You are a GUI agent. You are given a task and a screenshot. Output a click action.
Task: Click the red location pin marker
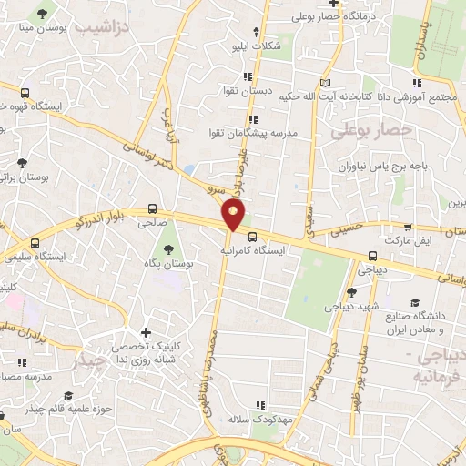point(234,216)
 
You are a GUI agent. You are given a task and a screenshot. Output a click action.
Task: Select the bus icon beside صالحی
point(152,208)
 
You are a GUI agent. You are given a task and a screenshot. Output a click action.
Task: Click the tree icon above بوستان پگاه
point(168,248)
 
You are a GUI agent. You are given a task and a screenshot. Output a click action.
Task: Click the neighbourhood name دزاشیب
point(99,29)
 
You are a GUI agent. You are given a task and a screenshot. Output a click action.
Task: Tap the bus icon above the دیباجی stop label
point(372,257)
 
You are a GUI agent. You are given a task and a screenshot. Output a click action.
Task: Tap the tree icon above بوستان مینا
point(42,15)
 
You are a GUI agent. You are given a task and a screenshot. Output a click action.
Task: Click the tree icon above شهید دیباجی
point(351,292)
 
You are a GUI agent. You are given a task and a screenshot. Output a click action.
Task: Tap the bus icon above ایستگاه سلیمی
point(35,243)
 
